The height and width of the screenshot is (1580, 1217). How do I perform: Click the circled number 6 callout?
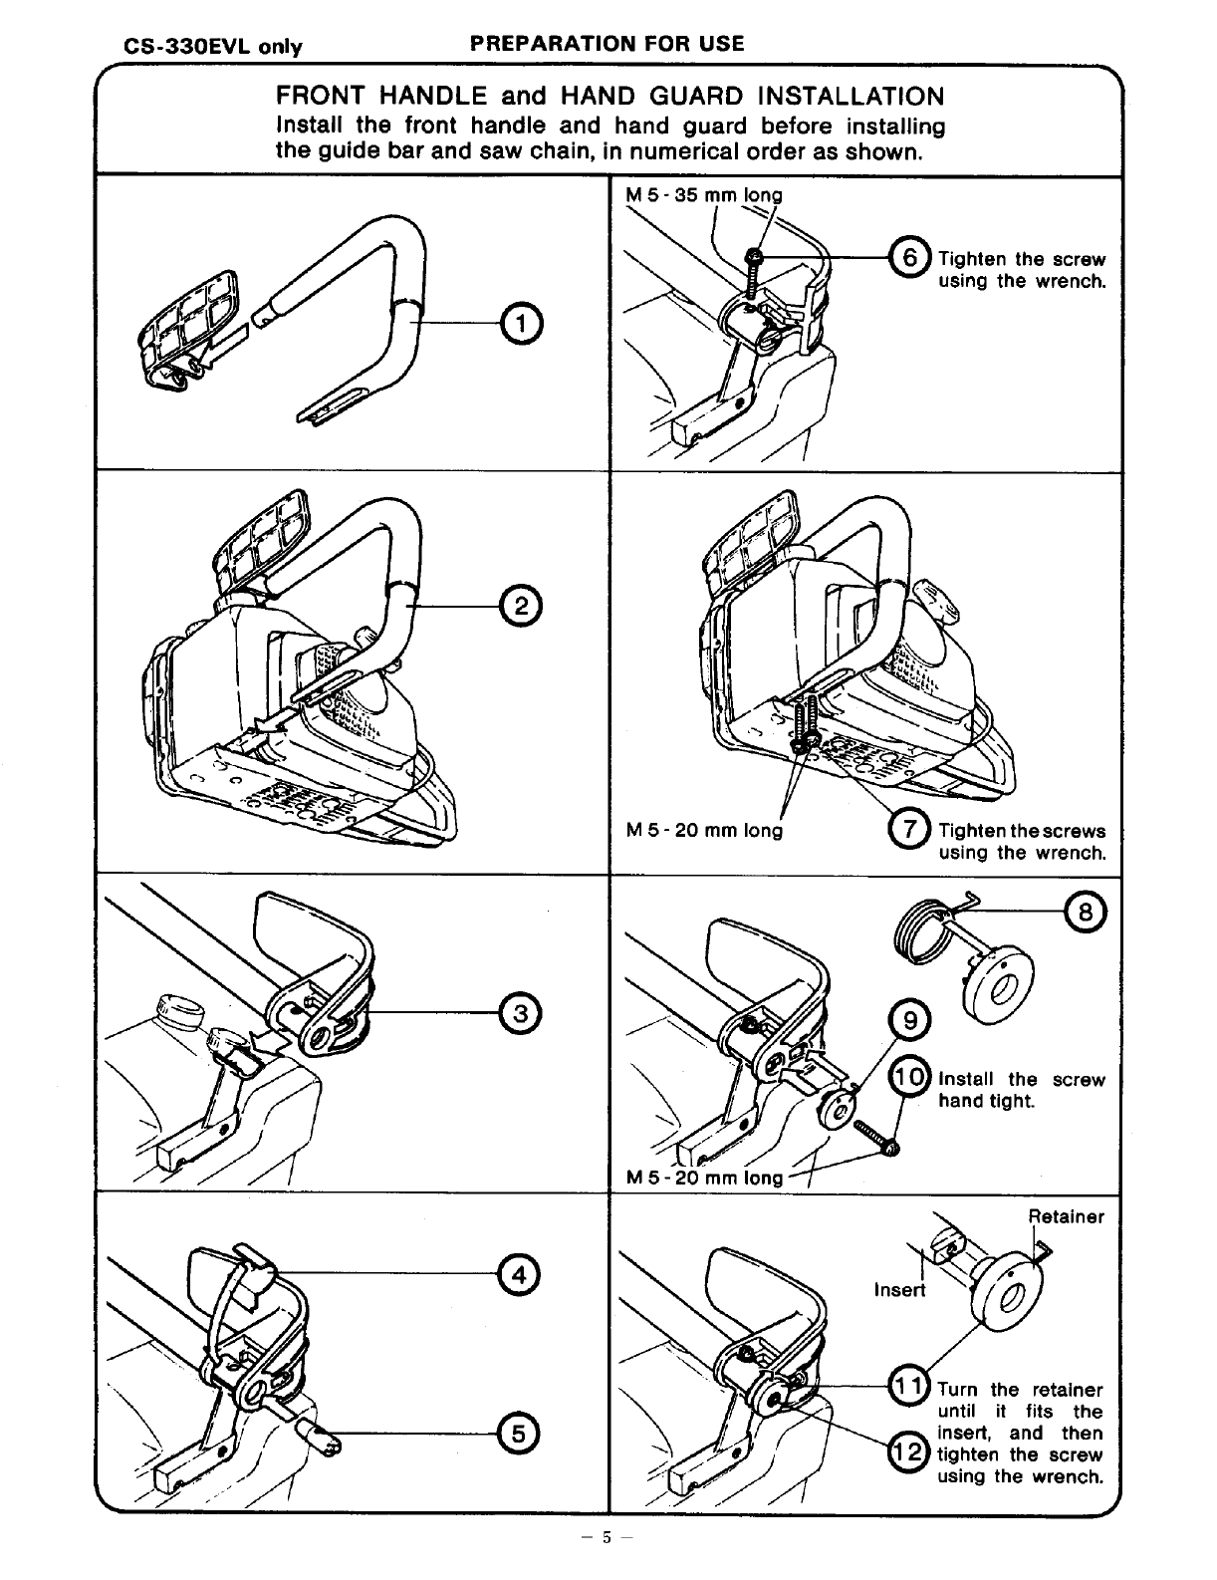tap(910, 257)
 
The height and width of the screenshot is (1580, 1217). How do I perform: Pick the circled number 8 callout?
tap(1085, 910)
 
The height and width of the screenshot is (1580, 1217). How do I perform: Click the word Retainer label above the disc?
tap(1066, 1216)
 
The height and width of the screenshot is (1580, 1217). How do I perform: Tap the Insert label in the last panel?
tap(899, 1290)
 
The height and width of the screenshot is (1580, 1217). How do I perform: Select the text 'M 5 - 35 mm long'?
tap(703, 195)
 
